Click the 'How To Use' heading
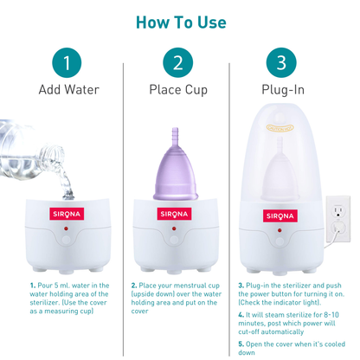pyautogui.click(x=180, y=22)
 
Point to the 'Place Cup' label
pyautogui.click(x=177, y=90)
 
